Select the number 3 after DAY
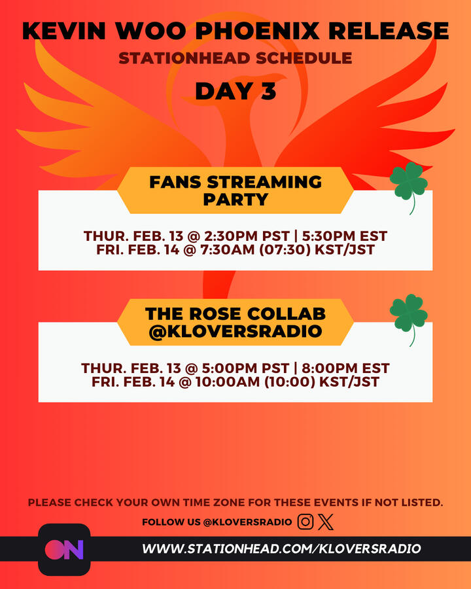coord(266,91)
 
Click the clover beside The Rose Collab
coord(408,316)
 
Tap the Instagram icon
coord(305,522)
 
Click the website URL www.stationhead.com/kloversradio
coord(281,548)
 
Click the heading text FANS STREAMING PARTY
coord(235,190)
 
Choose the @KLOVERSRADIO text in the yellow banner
coord(235,331)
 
